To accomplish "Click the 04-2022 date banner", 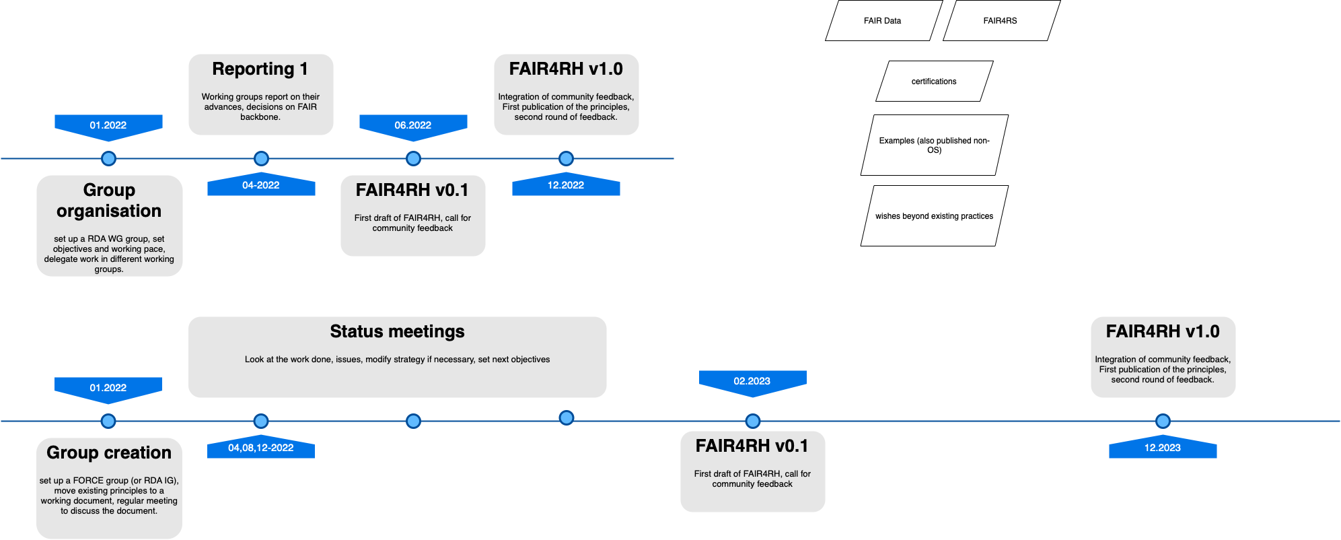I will pyautogui.click(x=261, y=185).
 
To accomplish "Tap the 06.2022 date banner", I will pyautogui.click(x=413, y=125).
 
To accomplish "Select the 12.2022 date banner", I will pyautogui.click(x=566, y=185).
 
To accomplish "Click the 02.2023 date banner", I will pyautogui.click(x=752, y=381).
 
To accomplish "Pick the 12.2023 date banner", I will pyautogui.click(x=1163, y=448).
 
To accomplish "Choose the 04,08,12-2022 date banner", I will pyautogui.click(x=261, y=448).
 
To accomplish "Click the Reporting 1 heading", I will pyautogui.click(x=260, y=69).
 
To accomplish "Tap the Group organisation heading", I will pyautogui.click(x=109, y=201).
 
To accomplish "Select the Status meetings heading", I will pyautogui.click(x=397, y=332).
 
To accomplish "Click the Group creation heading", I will pyautogui.click(x=109, y=453).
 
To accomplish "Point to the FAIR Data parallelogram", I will pyautogui.click(x=883, y=21).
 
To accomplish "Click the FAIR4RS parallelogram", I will pyautogui.click(x=1001, y=21).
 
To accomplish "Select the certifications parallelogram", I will pyautogui.click(x=934, y=81).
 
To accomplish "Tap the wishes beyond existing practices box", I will pyautogui.click(x=934, y=216).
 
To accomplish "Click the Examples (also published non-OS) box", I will pyautogui.click(x=934, y=145).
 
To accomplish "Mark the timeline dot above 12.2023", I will pyautogui.click(x=1163, y=421).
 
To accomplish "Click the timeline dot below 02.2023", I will pyautogui.click(x=753, y=421).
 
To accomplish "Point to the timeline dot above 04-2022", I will pyautogui.click(x=261, y=159).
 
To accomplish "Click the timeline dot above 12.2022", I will pyautogui.click(x=566, y=159).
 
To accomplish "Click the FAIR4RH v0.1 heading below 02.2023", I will pyautogui.click(x=752, y=446).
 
